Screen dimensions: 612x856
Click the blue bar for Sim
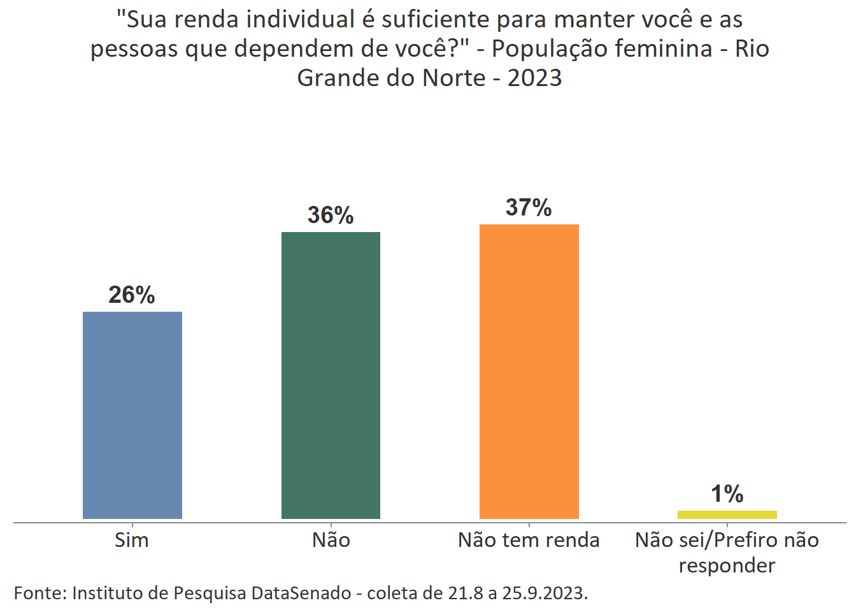(132, 415)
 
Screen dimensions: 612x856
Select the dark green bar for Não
(331, 375)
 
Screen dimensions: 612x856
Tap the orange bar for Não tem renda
(529, 372)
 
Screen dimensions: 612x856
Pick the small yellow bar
(727, 514)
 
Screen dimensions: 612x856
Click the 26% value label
(132, 295)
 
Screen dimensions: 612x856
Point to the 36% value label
(331, 215)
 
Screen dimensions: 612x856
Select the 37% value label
(529, 208)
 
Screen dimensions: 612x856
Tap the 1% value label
(727, 494)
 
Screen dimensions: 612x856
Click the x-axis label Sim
(132, 541)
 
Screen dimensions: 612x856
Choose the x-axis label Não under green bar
(331, 541)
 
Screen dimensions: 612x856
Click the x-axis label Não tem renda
(529, 541)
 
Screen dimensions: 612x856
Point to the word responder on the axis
(727, 566)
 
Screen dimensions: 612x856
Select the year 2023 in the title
(534, 78)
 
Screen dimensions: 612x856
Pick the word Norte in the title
(454, 78)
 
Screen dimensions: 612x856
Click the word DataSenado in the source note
(301, 594)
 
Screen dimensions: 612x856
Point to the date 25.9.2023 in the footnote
(544, 594)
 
